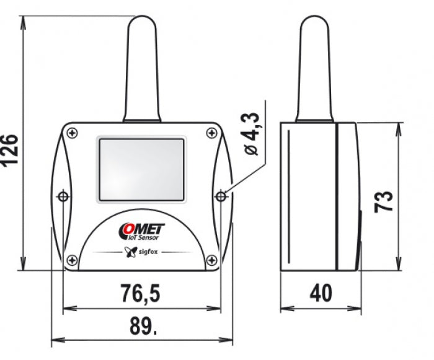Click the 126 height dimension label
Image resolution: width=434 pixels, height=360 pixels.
(10, 151)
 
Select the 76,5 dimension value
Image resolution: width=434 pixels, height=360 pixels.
(141, 293)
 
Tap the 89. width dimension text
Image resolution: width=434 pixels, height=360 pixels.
(143, 326)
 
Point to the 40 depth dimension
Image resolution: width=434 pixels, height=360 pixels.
(321, 293)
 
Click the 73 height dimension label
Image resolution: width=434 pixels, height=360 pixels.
(384, 202)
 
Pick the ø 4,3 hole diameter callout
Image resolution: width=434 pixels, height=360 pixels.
(252, 134)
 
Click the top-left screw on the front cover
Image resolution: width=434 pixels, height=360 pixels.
(73, 133)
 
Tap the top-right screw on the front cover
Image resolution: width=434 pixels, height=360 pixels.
(212, 133)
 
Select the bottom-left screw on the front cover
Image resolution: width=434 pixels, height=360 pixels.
(73, 260)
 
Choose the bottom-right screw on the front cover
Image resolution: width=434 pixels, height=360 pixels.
(212, 260)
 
